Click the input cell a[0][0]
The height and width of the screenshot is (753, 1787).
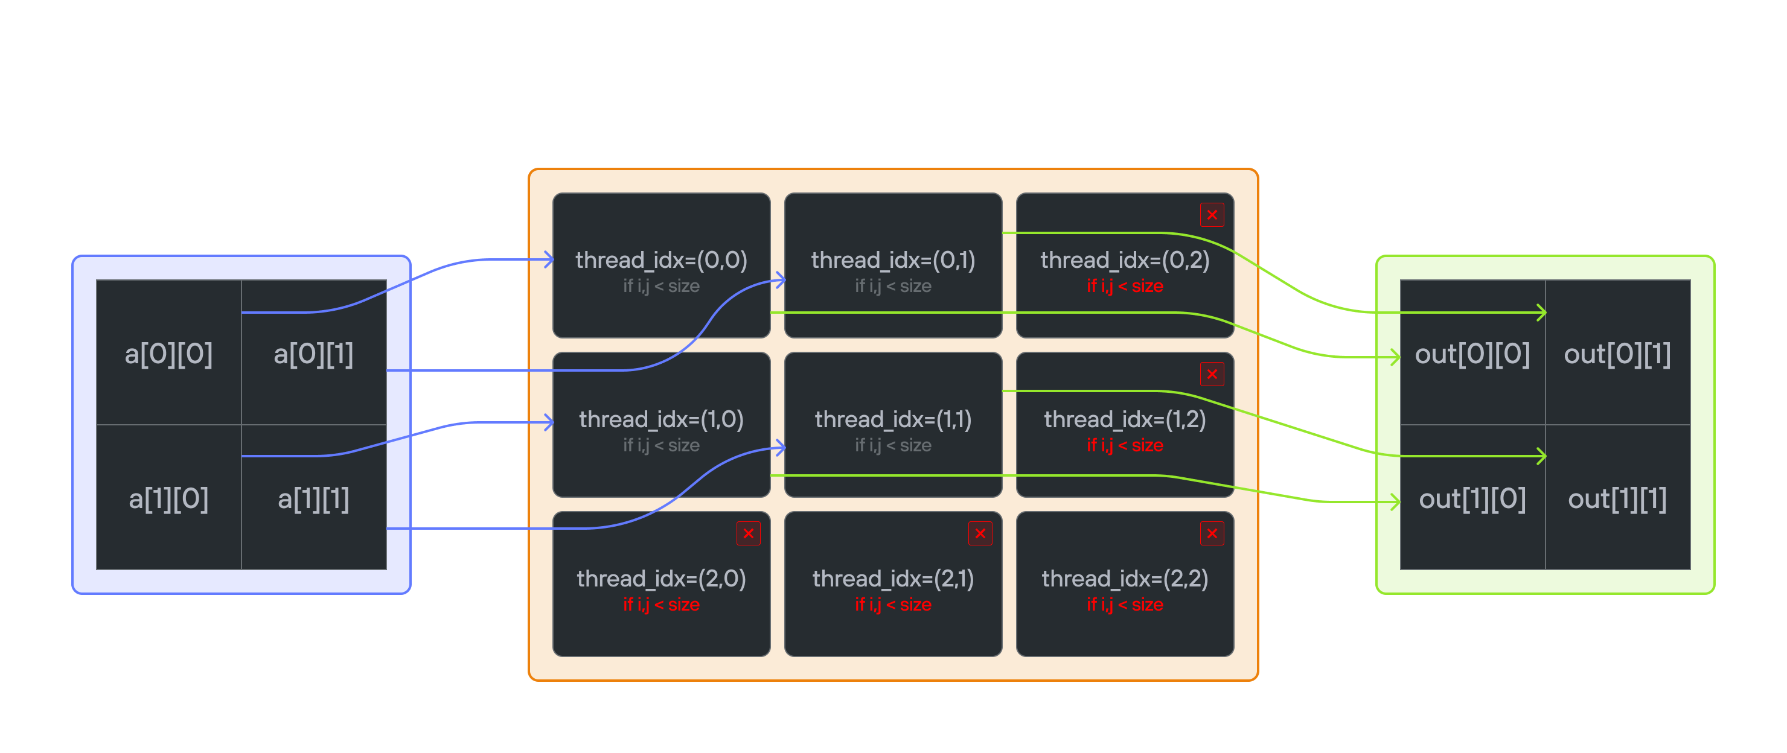(x=168, y=354)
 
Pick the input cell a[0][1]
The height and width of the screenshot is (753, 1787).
(x=313, y=354)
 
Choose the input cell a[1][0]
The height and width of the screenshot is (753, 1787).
(x=168, y=498)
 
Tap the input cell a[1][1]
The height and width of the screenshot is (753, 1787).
(x=313, y=498)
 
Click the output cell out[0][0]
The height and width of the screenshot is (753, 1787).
(x=1472, y=354)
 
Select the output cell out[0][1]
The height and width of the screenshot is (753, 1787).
(x=1617, y=354)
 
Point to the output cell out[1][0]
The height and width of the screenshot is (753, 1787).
(x=1472, y=498)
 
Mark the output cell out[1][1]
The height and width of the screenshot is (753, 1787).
(x=1617, y=498)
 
